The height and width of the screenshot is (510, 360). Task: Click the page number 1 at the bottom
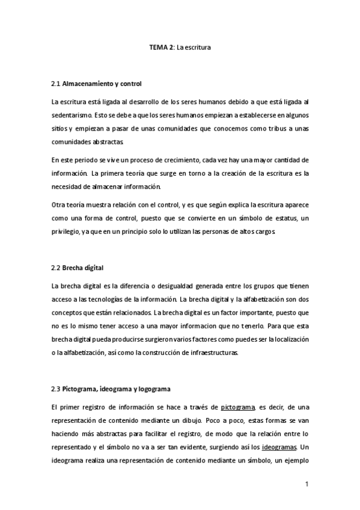coord(307,484)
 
